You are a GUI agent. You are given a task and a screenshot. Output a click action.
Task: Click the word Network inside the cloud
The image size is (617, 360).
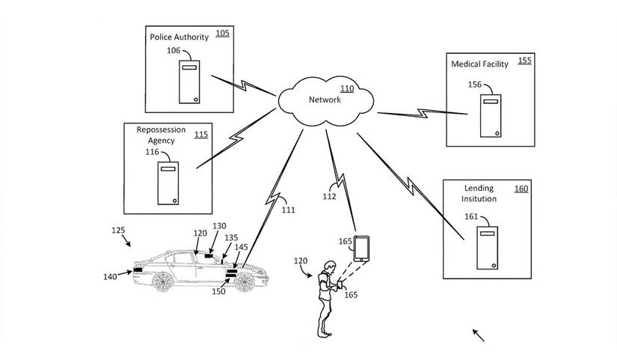point(325,100)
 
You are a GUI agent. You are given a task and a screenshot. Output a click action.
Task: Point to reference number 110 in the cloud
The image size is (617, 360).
point(347,88)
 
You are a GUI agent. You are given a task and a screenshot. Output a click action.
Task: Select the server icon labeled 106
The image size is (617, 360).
point(188,83)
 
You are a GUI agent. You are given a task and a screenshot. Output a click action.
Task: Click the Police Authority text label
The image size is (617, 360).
point(179,37)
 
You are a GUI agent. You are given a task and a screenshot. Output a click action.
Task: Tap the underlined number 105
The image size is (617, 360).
point(223,34)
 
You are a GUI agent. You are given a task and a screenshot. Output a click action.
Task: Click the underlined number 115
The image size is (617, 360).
point(200,135)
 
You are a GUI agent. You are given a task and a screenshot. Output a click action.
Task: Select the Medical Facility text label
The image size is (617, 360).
point(479,64)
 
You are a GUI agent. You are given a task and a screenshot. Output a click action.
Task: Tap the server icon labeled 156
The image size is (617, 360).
point(490,116)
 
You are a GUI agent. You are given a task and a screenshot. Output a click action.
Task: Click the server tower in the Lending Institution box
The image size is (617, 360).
point(488,248)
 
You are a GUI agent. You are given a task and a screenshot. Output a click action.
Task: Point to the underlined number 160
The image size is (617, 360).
point(521,189)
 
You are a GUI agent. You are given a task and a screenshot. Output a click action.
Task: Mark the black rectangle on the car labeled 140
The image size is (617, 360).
point(138,269)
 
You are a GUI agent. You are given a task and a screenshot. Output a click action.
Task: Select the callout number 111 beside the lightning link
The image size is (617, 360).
point(288,210)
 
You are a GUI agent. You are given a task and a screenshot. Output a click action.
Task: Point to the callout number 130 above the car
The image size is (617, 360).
point(219,226)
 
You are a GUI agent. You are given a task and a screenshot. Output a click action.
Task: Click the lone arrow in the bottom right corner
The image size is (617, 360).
point(479,334)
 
